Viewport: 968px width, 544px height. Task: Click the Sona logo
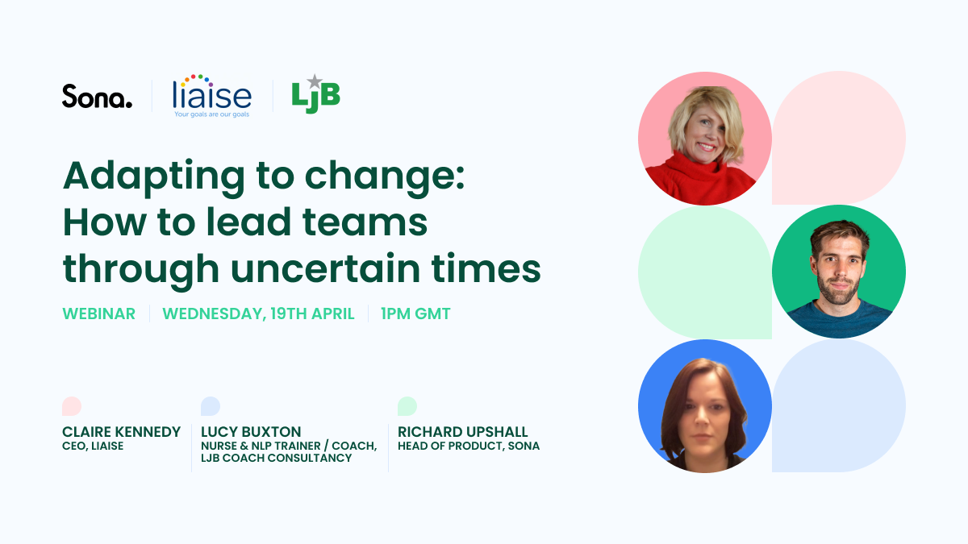98,96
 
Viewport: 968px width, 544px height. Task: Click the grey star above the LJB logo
315,81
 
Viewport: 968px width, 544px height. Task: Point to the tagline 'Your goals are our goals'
211,114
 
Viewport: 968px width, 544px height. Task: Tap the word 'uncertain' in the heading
325,268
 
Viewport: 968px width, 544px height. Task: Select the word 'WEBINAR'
99,314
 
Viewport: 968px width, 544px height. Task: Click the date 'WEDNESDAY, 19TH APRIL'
258,314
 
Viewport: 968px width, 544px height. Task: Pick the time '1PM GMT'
415,314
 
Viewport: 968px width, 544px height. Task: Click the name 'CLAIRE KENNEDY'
122,432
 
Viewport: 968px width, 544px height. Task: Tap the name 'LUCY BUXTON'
251,432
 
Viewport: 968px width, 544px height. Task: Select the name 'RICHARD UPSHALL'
463,432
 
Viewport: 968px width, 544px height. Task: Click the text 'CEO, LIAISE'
93,446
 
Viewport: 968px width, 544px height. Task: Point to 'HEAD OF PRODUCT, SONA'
469,446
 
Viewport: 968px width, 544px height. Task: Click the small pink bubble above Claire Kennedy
72,406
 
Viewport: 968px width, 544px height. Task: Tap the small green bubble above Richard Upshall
407,406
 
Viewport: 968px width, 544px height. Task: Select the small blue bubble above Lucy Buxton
211,406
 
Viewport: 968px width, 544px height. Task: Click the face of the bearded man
839,270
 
